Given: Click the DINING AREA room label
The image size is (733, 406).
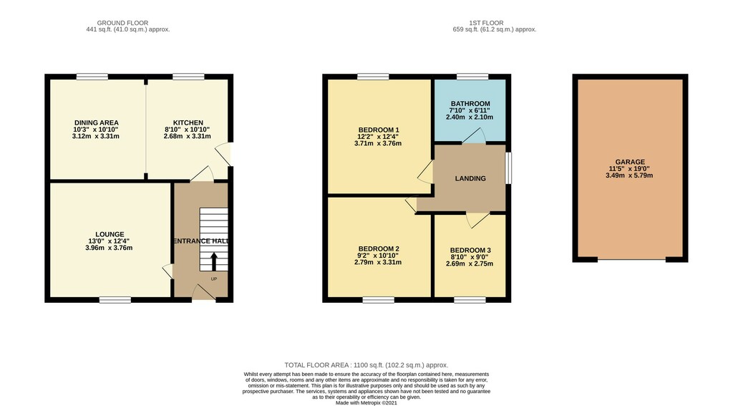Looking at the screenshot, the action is coord(96,123).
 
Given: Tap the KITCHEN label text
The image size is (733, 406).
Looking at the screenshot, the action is coord(188,123).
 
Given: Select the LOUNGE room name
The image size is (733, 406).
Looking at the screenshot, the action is coord(110,234).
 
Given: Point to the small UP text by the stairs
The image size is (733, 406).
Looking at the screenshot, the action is coord(214,279).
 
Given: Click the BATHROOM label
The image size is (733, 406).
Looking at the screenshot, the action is coord(470,104).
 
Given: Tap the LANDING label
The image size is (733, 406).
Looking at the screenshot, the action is coord(470,178).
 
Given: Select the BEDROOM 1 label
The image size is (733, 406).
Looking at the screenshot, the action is coord(379,130).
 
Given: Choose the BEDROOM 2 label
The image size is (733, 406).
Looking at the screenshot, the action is coord(379,249).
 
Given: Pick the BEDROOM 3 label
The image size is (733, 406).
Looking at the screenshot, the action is coord(470,251).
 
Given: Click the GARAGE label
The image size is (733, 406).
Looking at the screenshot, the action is coord(630,162).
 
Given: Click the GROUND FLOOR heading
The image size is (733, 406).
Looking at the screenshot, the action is coord(122,22).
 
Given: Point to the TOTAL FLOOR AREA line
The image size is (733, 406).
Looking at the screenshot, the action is coord(366,365).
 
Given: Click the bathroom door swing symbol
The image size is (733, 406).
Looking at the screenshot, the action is coord(473,135).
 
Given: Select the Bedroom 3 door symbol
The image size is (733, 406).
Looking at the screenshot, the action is coord(477,221).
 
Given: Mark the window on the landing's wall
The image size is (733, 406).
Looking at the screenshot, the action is coord(509,168).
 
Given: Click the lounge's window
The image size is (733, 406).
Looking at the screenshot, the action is coord(115,300).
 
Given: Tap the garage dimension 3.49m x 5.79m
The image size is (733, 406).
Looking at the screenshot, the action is coord(629,175).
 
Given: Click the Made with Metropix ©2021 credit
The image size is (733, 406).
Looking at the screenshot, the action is coord(366,402).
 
